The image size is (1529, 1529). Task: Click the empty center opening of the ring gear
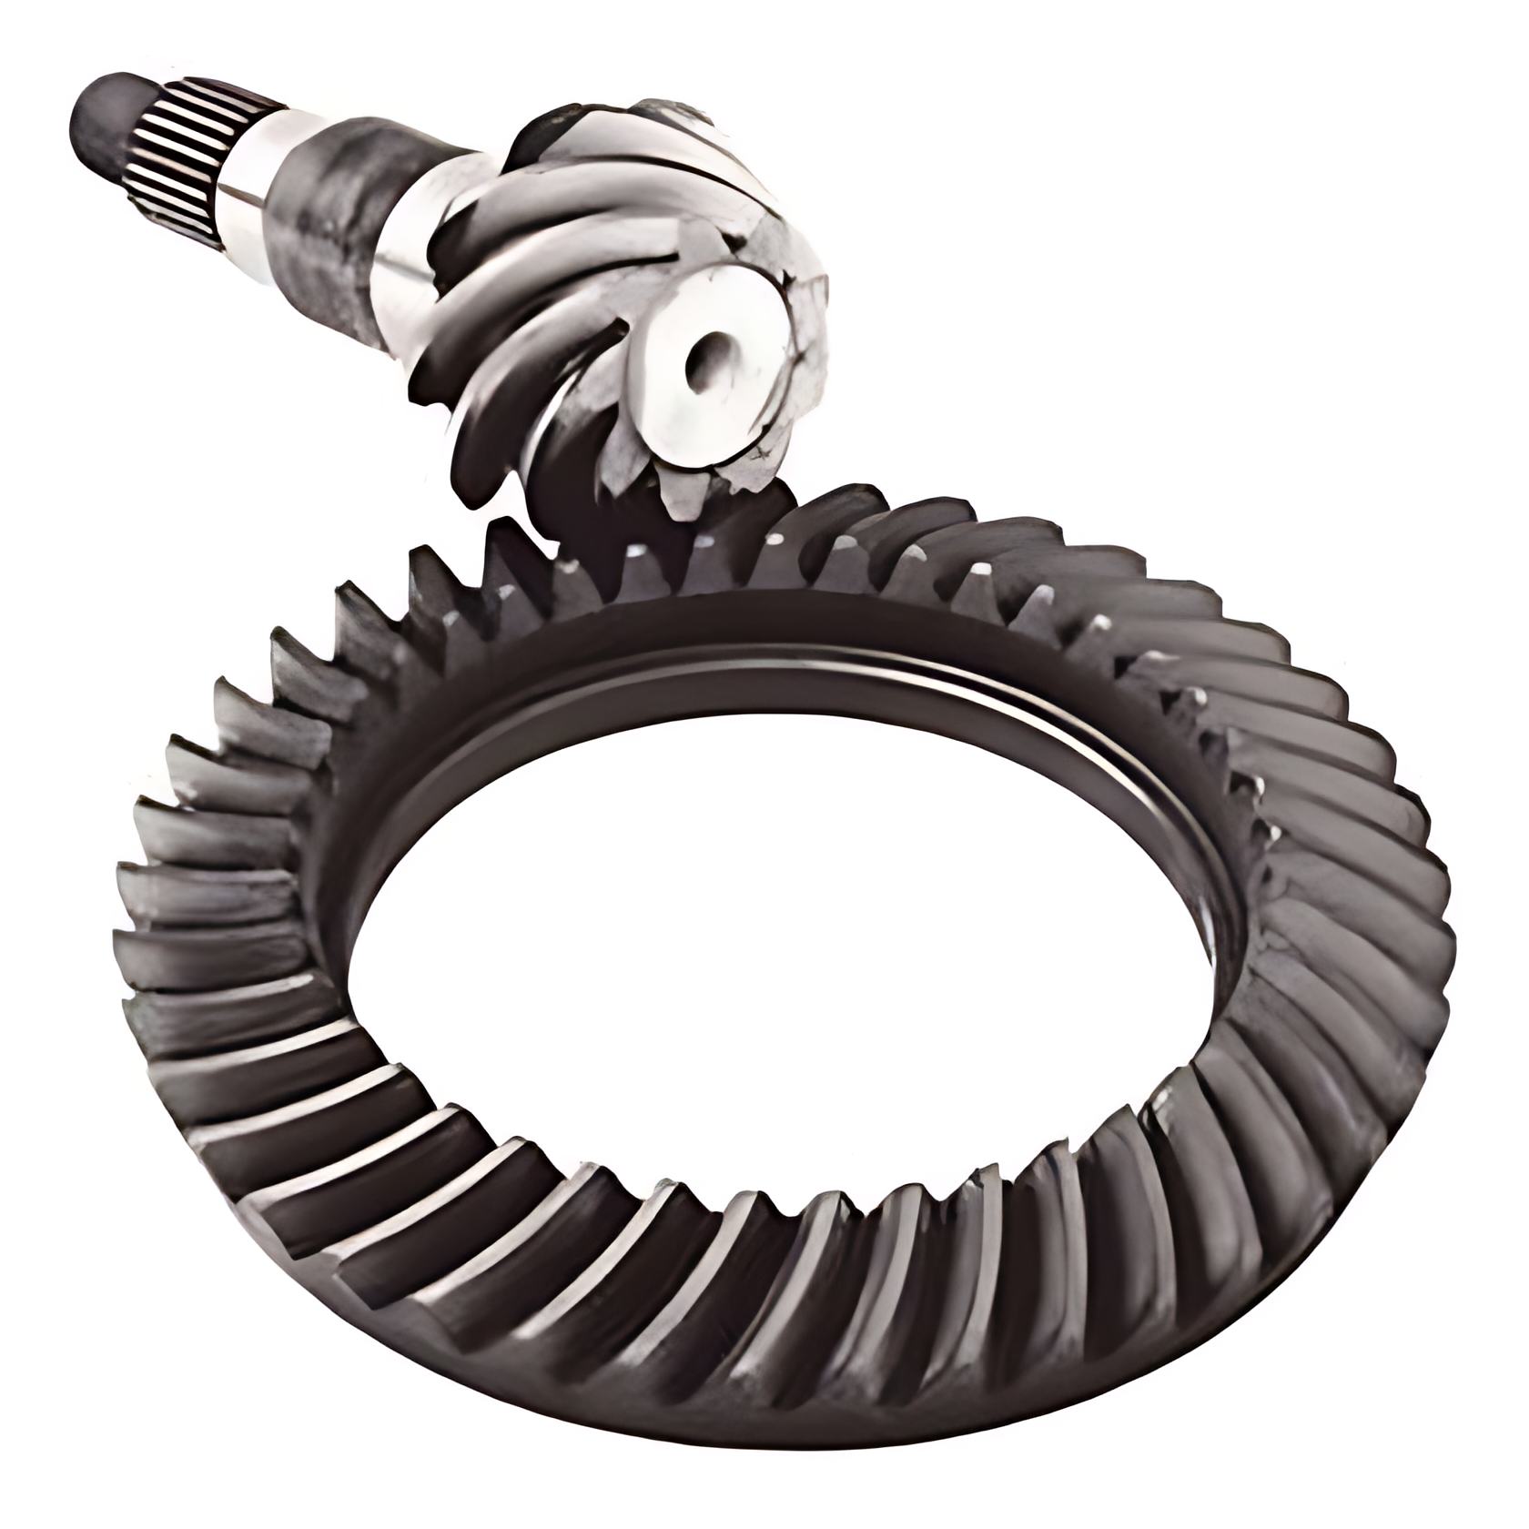[774, 928]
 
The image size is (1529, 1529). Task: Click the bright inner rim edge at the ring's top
[774, 651]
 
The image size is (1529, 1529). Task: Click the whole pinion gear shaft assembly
[455, 255]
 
